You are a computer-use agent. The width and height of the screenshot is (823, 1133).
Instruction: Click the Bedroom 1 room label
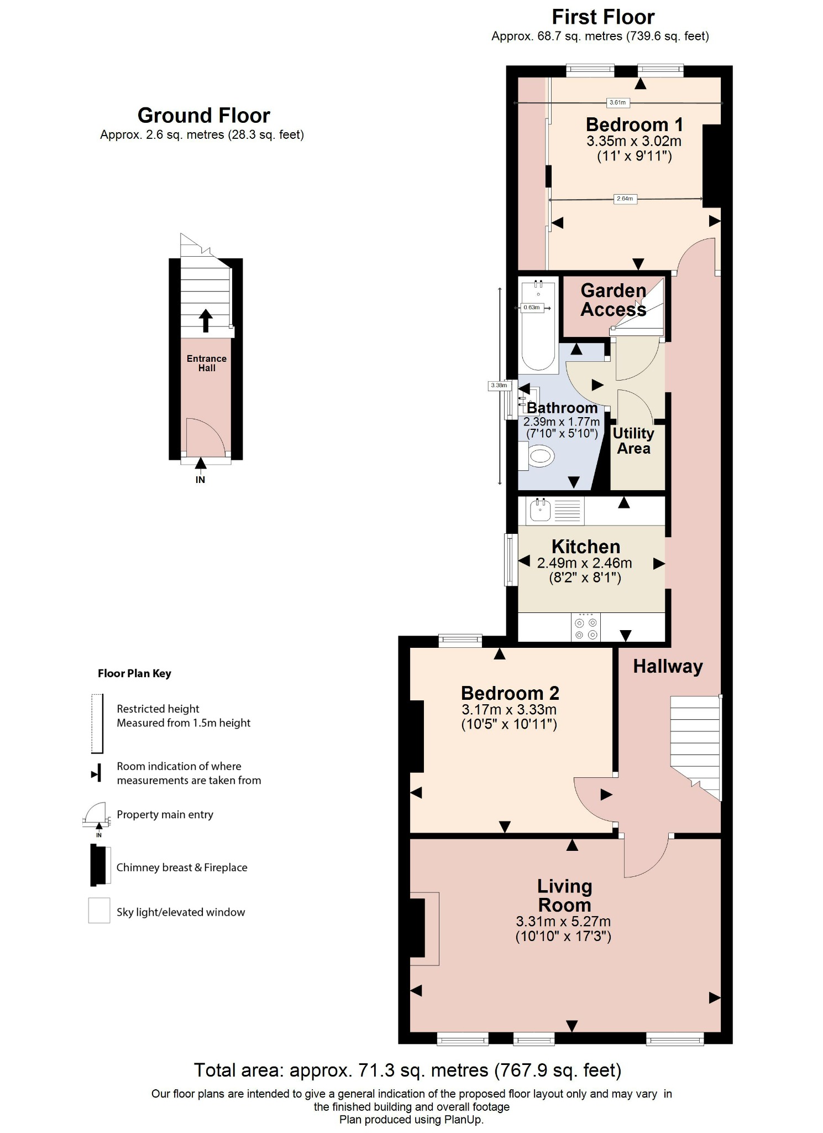point(634,124)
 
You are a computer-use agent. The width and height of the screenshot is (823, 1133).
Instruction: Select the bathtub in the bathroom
point(538,326)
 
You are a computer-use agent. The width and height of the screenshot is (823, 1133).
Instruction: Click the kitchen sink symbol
point(540,510)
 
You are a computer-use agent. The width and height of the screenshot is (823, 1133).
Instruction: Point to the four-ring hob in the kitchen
point(586,627)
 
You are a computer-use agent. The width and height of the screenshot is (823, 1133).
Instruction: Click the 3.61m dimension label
point(617,102)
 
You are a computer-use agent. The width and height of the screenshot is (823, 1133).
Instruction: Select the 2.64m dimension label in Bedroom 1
point(625,199)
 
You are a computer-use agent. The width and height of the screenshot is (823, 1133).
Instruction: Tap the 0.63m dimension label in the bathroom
point(531,308)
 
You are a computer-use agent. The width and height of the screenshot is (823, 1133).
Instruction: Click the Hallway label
point(668,666)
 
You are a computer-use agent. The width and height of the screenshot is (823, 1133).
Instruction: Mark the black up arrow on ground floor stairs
point(206,320)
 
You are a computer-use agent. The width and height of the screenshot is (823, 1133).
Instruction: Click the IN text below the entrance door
point(200,480)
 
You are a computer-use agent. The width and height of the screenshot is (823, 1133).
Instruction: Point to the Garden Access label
point(613,300)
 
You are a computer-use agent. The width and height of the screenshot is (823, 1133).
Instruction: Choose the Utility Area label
point(633,441)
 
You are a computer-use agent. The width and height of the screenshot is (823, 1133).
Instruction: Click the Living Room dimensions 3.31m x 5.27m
point(563,921)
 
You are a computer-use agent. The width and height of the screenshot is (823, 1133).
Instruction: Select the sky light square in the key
point(99,910)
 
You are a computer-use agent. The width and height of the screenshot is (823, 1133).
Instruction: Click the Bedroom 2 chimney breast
point(416,736)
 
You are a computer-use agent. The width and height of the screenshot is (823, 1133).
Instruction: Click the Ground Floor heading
point(203,115)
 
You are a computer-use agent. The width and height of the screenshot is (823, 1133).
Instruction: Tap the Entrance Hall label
point(206,363)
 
